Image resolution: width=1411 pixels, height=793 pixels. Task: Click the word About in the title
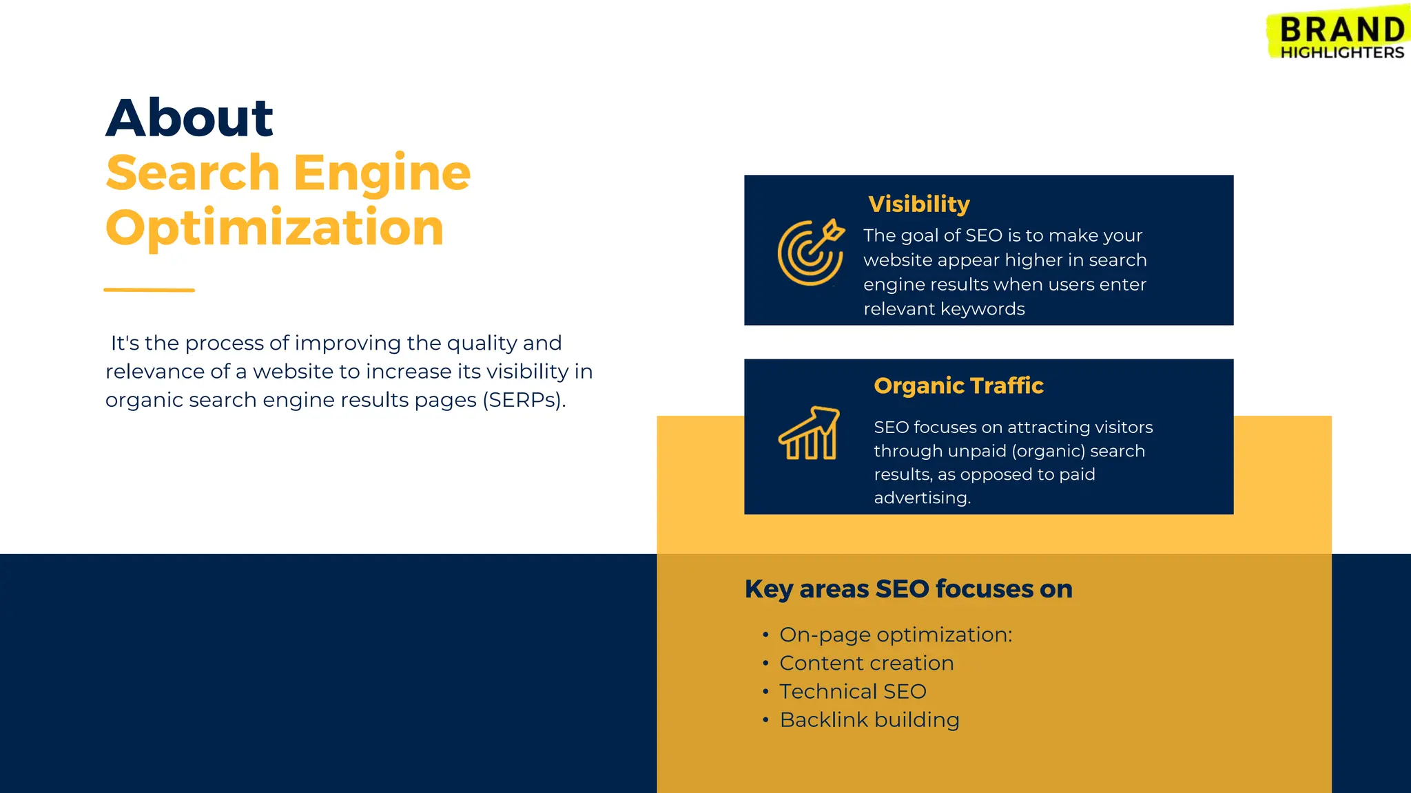[x=189, y=118]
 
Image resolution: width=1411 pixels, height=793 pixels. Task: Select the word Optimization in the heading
[x=274, y=228]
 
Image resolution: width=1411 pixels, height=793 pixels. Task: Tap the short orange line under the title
[x=149, y=290]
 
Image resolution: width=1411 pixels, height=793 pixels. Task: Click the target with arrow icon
[x=810, y=252]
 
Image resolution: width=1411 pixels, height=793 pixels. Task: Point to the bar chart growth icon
[x=809, y=433]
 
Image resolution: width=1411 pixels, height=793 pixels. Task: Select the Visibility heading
[x=918, y=204]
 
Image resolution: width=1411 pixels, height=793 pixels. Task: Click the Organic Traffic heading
[x=958, y=385]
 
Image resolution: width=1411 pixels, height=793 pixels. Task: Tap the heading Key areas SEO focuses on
[x=908, y=589]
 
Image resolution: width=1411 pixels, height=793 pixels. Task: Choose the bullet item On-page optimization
[x=895, y=635]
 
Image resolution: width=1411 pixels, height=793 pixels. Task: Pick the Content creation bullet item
[x=866, y=663]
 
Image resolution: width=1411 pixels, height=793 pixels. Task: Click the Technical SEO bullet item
[x=852, y=691]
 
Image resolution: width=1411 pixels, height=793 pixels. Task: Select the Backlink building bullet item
[x=869, y=720]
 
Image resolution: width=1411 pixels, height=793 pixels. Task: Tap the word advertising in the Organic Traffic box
[x=922, y=498]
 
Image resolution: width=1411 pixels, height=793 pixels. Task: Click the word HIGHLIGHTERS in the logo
[x=1341, y=52]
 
